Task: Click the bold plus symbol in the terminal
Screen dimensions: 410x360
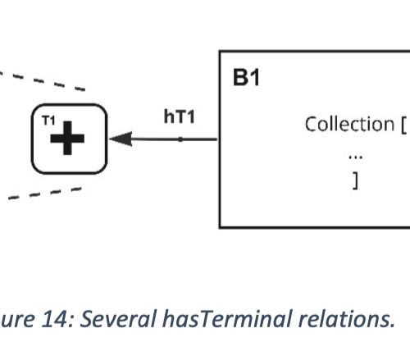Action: pyautogui.click(x=67, y=139)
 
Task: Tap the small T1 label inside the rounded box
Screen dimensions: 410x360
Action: pyautogui.click(x=49, y=121)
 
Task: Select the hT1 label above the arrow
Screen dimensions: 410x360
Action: pyautogui.click(x=180, y=116)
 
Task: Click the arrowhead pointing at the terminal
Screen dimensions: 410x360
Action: pyautogui.click(x=121, y=139)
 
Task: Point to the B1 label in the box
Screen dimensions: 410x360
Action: pyautogui.click(x=246, y=77)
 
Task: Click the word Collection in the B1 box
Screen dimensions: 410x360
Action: pyautogui.click(x=349, y=125)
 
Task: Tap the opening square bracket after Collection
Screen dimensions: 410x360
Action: pyautogui.click(x=403, y=125)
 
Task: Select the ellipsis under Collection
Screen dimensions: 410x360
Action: pyautogui.click(x=356, y=157)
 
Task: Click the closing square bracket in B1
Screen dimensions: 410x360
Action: pyautogui.click(x=355, y=180)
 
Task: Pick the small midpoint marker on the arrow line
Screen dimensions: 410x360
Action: pyautogui.click(x=180, y=139)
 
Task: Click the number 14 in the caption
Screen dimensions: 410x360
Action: pyautogui.click(x=53, y=319)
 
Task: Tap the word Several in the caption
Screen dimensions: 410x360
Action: pyautogui.click(x=118, y=319)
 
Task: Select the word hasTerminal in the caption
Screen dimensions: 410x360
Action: pyautogui.click(x=227, y=319)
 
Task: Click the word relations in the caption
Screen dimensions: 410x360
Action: pyautogui.click(x=344, y=319)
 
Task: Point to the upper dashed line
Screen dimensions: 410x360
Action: pyautogui.click(x=43, y=81)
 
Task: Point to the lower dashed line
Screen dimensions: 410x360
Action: pyautogui.click(x=45, y=194)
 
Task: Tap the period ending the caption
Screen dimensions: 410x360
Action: pyautogui.click(x=393, y=326)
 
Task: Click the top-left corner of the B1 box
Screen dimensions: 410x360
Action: pyautogui.click(x=220, y=51)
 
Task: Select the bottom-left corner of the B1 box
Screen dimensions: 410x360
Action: pyautogui.click(x=220, y=227)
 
